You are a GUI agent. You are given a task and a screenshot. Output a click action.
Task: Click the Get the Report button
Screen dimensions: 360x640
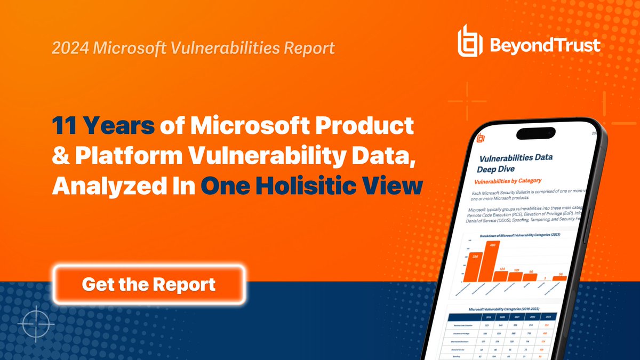click(149, 284)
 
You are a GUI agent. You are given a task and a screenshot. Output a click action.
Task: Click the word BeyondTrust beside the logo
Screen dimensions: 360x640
click(543, 43)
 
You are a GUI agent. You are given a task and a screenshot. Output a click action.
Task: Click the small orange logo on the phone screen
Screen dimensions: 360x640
click(482, 137)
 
